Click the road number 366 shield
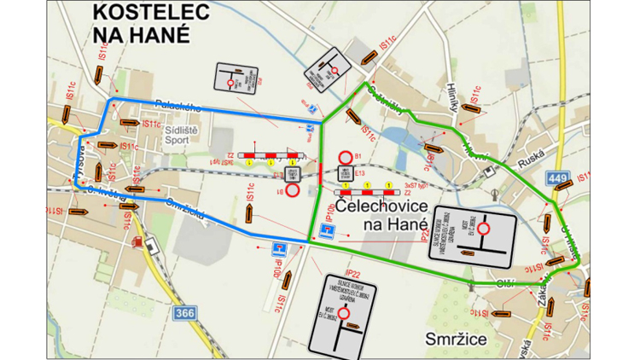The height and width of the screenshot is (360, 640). tap(183, 314)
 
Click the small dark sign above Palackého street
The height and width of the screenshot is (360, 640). tap(236, 79)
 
